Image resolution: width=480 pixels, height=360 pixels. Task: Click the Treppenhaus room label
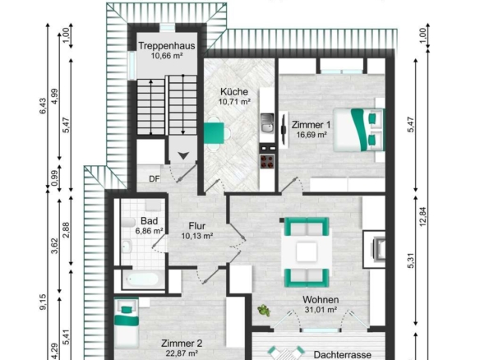[x=167, y=46]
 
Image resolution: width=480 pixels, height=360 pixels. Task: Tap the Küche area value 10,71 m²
[x=234, y=102]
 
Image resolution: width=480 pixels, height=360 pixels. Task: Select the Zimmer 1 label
[x=311, y=125]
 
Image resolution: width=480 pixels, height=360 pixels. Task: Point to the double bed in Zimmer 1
[x=359, y=130]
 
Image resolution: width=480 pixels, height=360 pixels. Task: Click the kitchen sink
[x=267, y=122]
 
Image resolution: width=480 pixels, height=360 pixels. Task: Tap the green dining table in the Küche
[x=214, y=133]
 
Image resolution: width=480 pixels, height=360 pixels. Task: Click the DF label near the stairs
[x=155, y=179]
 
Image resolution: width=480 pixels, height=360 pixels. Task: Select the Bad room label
[x=150, y=221]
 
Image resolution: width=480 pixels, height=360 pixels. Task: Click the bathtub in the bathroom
[x=143, y=279]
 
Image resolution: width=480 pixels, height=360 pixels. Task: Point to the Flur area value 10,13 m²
[x=197, y=236]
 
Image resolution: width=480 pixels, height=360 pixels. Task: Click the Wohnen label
[x=321, y=299]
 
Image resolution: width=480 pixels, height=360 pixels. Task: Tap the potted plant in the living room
[x=264, y=311]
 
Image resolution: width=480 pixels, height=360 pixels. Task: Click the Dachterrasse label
[x=342, y=355]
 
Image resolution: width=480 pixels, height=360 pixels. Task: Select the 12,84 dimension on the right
[x=422, y=217]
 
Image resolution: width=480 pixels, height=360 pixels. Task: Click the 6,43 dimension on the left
[x=43, y=106]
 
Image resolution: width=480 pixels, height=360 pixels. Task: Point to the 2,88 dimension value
[x=66, y=230]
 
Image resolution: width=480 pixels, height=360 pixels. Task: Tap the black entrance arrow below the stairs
[x=183, y=156]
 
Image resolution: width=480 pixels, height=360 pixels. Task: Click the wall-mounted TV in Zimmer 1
[x=284, y=129]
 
